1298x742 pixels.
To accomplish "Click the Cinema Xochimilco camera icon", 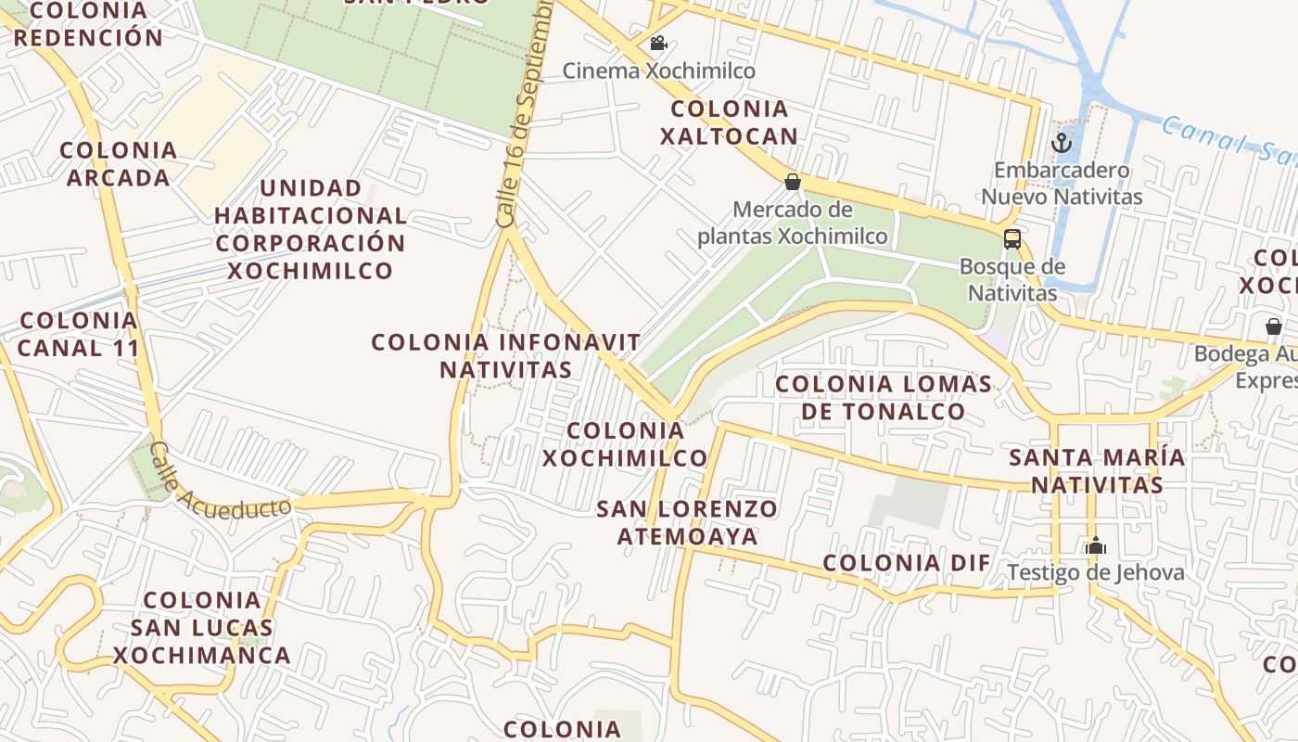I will point(658,44).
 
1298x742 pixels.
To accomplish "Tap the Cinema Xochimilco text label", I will point(658,70).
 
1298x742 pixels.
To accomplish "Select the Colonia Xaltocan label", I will point(728,122).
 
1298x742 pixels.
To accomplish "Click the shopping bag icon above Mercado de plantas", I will point(793,181).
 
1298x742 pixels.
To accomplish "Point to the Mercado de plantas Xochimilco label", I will point(792,223).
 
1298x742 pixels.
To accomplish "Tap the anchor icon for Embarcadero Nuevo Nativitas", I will point(1062,143).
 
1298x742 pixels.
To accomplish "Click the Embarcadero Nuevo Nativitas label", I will point(1062,184).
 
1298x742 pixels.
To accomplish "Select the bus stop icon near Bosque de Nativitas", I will point(1012,238).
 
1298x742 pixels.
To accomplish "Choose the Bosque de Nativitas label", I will point(1012,279).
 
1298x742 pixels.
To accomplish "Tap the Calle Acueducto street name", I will point(220,482).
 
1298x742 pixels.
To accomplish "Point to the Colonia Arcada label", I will point(118,163).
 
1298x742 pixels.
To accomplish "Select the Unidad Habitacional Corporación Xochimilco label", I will point(311,229).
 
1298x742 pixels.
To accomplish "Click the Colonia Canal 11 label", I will point(78,334).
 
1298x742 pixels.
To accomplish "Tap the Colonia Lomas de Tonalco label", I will point(883,397).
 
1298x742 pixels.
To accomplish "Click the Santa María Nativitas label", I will point(1097,471).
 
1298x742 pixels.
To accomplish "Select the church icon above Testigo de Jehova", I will point(1096,545).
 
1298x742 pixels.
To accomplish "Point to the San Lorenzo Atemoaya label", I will point(687,522).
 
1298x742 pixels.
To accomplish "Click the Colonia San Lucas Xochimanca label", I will point(202,627).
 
